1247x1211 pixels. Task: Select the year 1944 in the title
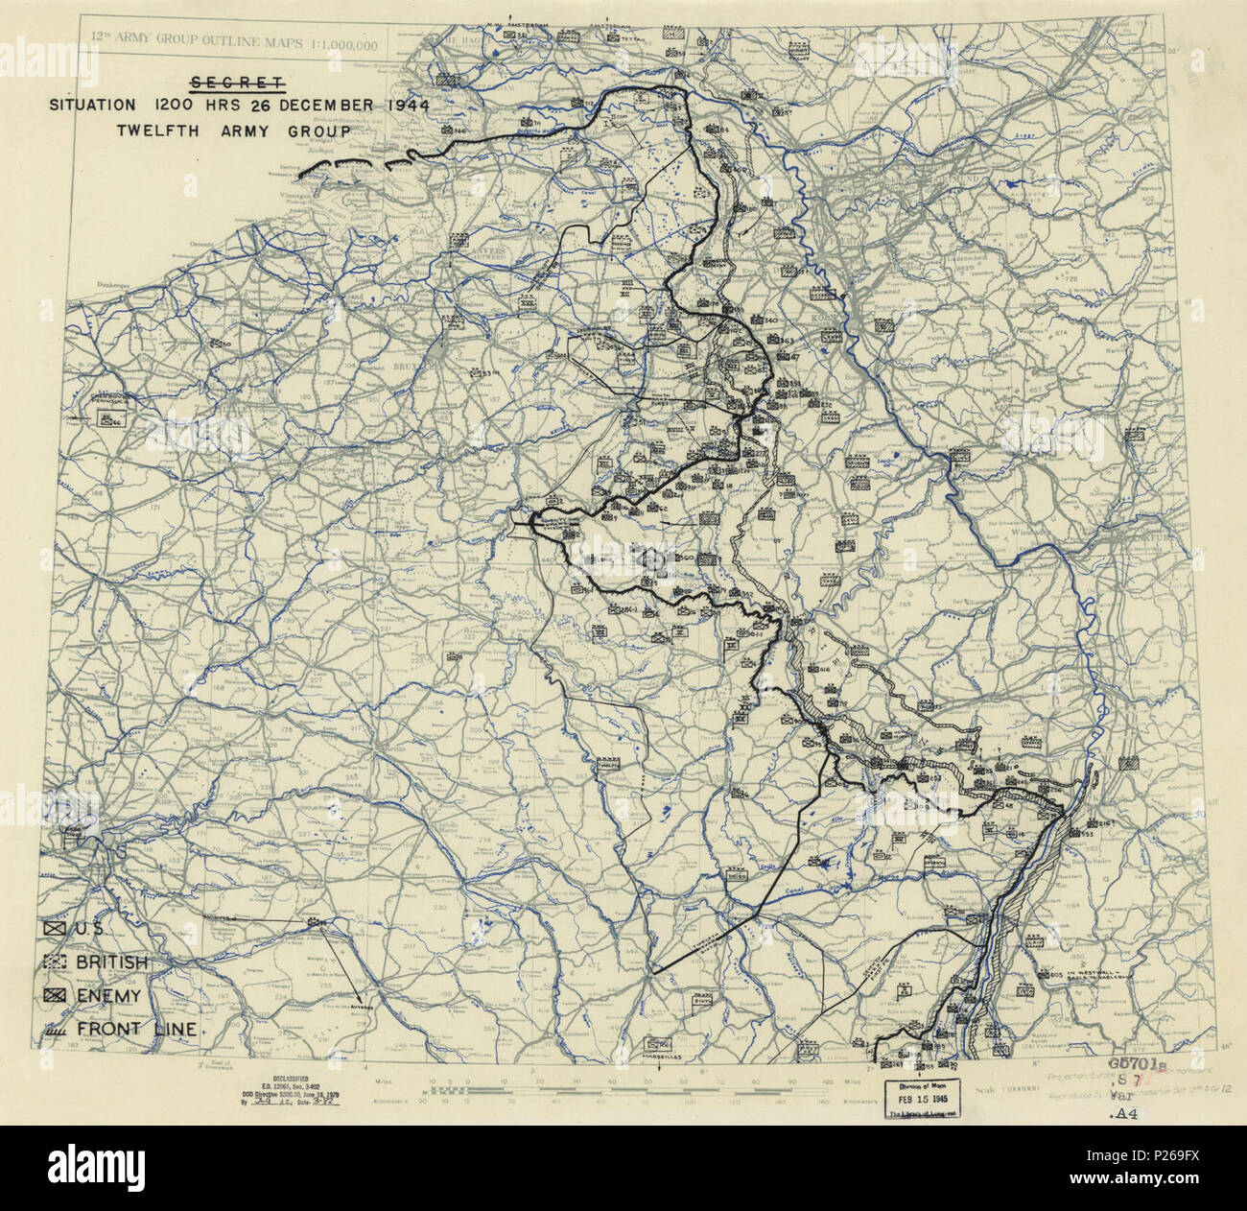tap(394, 106)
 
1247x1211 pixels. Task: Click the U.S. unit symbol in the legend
tap(55, 930)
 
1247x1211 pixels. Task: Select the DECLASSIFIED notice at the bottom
tap(283, 1080)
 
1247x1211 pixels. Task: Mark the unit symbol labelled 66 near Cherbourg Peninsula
tap(107, 419)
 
